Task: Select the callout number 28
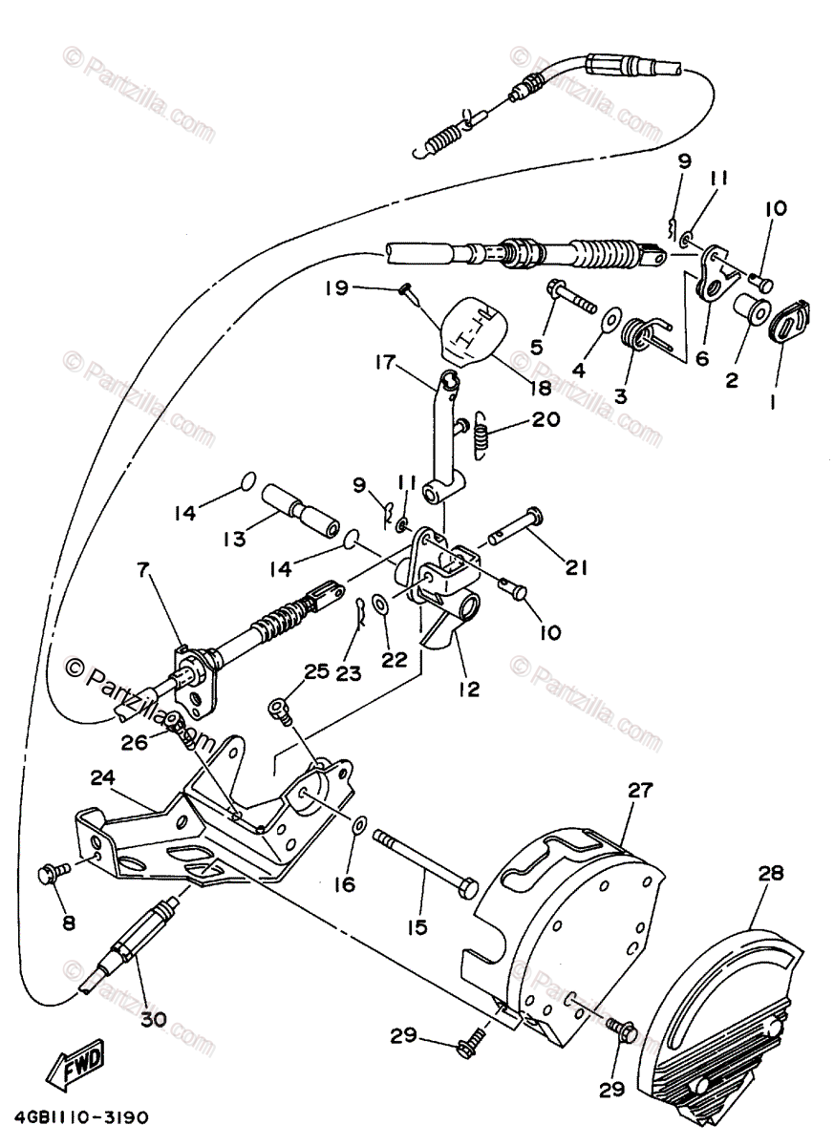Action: point(771,872)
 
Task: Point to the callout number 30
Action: point(153,1019)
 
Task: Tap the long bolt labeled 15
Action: point(424,860)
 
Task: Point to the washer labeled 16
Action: point(359,825)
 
